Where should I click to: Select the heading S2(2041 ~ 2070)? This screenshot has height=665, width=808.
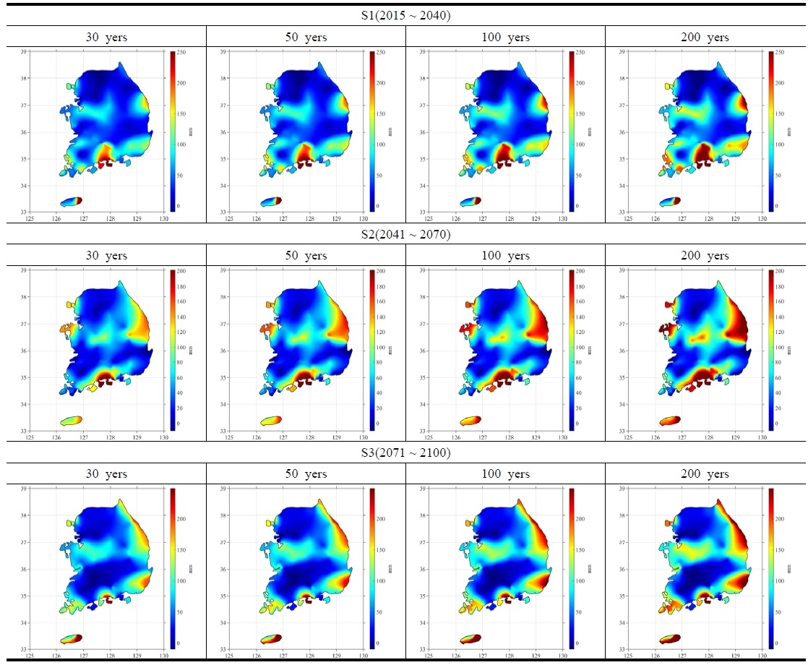click(403, 234)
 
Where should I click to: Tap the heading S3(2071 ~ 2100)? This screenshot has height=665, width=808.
click(403, 453)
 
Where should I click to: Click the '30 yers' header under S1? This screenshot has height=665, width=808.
click(106, 37)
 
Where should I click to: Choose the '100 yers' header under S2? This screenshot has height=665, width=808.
click(504, 256)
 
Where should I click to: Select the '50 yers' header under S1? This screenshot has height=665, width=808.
click(305, 37)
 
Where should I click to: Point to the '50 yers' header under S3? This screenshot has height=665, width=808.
click(305, 474)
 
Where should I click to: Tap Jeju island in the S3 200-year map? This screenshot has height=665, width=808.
click(670, 639)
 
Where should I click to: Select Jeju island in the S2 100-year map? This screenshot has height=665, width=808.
click(470, 420)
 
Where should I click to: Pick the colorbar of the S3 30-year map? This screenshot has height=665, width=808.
click(173, 568)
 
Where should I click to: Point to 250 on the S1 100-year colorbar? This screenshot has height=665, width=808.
click(579, 52)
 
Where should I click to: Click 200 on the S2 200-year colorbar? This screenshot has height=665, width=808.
click(778, 271)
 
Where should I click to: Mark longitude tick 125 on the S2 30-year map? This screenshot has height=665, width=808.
click(30, 437)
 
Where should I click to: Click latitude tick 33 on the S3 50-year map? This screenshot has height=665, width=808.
click(223, 648)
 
